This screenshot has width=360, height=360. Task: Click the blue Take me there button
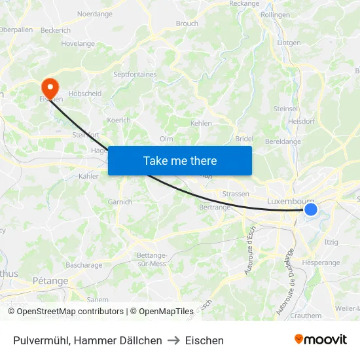(x=180, y=160)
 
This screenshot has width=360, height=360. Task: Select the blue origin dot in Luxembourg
(x=311, y=209)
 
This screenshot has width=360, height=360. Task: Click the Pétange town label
(x=50, y=281)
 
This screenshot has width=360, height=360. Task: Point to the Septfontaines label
(x=135, y=75)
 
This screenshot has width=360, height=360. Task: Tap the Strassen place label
(x=236, y=194)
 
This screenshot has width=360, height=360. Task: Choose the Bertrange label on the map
(x=215, y=207)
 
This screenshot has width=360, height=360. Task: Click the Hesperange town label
(x=321, y=262)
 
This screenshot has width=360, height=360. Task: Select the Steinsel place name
(x=285, y=109)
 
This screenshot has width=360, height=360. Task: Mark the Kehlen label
(x=201, y=123)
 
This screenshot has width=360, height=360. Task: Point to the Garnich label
(x=120, y=202)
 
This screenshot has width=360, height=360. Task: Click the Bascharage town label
(x=84, y=265)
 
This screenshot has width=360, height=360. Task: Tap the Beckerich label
(x=55, y=30)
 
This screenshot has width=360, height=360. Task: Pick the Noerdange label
(x=95, y=14)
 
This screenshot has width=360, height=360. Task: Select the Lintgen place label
(x=289, y=43)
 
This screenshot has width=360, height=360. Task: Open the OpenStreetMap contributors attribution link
(x=70, y=312)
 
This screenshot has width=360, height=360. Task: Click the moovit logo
(x=320, y=340)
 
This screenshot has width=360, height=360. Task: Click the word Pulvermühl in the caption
(x=41, y=340)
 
